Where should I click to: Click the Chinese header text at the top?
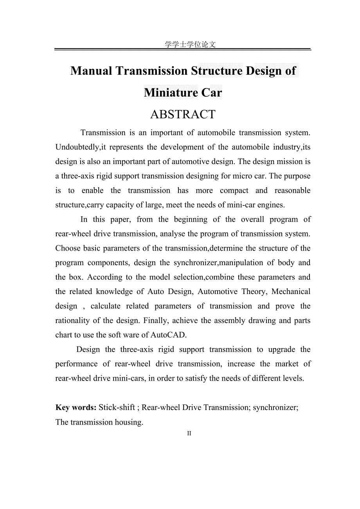point(190,44)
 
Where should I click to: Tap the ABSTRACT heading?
point(183,114)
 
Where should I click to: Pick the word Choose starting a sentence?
point(67,248)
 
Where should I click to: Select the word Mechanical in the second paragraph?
point(291,292)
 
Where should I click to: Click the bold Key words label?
point(76,408)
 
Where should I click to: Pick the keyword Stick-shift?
point(117,408)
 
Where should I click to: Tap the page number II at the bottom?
point(189,433)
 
